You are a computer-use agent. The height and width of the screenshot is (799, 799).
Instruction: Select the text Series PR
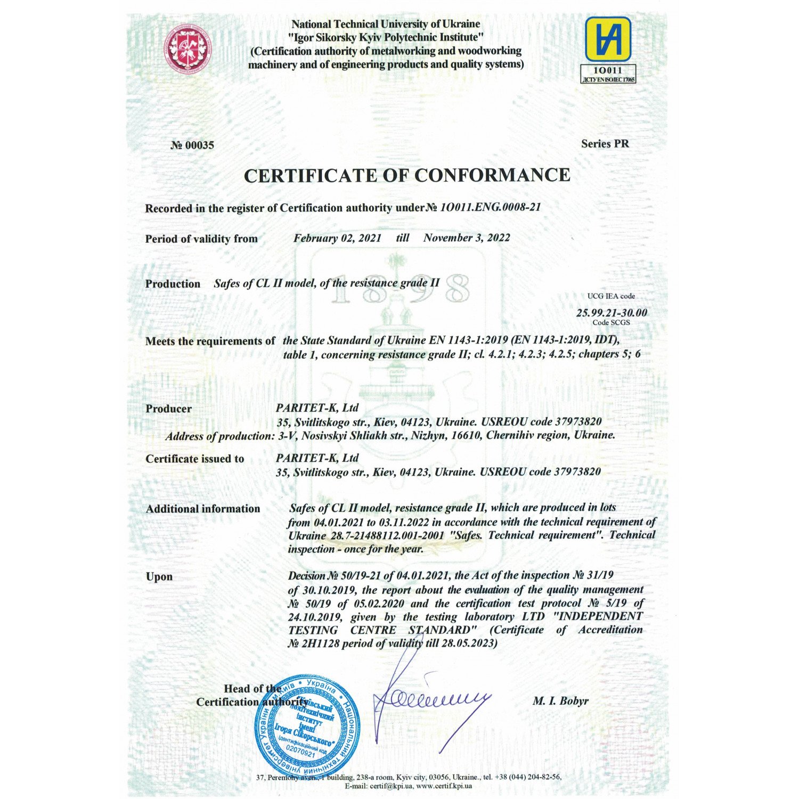coord(605,143)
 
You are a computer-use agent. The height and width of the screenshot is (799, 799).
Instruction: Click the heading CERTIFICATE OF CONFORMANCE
coord(407,175)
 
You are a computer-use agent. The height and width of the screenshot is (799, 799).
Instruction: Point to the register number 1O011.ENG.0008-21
coord(490,207)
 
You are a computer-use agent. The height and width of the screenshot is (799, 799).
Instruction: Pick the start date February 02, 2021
coord(337,238)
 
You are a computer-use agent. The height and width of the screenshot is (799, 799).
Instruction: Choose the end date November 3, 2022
coord(467,238)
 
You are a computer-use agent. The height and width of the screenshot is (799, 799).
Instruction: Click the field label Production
coord(173,284)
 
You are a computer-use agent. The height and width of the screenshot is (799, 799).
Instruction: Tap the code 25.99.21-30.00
coord(612,313)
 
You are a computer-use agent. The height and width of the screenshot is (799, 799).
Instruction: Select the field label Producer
coord(168,409)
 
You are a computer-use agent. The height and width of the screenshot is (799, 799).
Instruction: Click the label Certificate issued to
coord(194,459)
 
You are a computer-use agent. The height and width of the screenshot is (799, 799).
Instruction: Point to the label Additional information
coord(203,509)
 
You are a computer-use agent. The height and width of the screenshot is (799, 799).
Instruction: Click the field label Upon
coord(159,576)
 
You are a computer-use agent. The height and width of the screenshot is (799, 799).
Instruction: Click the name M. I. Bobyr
coord(560,701)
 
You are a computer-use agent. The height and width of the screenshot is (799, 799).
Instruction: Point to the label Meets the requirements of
coord(210,341)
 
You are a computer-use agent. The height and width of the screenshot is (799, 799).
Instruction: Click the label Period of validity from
coord(201,239)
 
